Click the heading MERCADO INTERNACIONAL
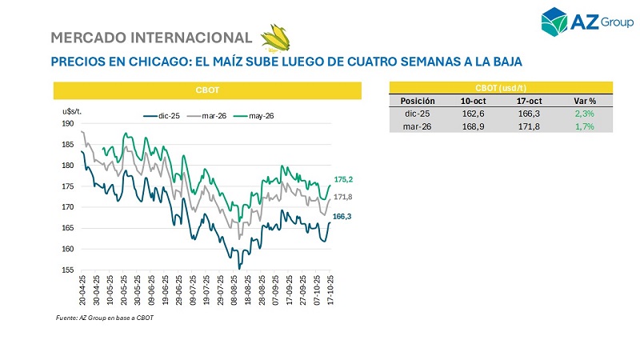pos(151,38)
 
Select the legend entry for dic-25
pos(162,116)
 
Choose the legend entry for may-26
pos(255,116)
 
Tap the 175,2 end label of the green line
pos(343,179)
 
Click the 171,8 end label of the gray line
pos(343,197)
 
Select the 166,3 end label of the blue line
pos(343,216)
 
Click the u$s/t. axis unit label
pos(73,110)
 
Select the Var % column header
pos(585,102)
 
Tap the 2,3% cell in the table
pos(585,114)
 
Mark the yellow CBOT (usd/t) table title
pos(500,87)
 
